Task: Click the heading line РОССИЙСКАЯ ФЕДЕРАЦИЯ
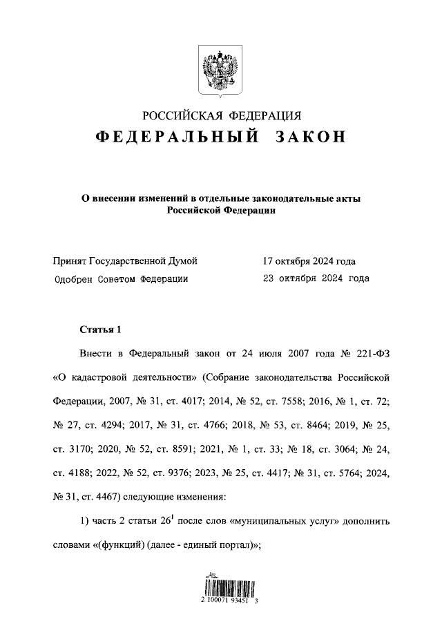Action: tap(221, 115)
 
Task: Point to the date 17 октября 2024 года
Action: tap(309, 261)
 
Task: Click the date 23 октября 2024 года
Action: tap(316, 279)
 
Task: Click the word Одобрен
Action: tap(73, 279)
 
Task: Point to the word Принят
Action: tap(70, 261)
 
